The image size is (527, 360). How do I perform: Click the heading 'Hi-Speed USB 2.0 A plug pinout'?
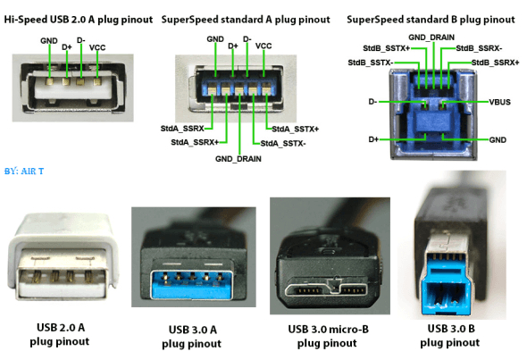click(x=78, y=19)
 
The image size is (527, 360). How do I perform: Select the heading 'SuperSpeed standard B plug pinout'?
click(x=430, y=19)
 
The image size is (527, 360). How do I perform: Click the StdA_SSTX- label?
click(x=283, y=142)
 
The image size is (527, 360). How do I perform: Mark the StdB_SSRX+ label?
click(x=494, y=63)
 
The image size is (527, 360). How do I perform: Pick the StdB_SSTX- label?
click(x=368, y=63)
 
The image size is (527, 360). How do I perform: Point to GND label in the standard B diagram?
click(x=498, y=140)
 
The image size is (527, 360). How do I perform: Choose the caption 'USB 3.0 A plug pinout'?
click(x=192, y=337)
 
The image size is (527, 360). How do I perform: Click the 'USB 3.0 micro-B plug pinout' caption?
click(x=325, y=336)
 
